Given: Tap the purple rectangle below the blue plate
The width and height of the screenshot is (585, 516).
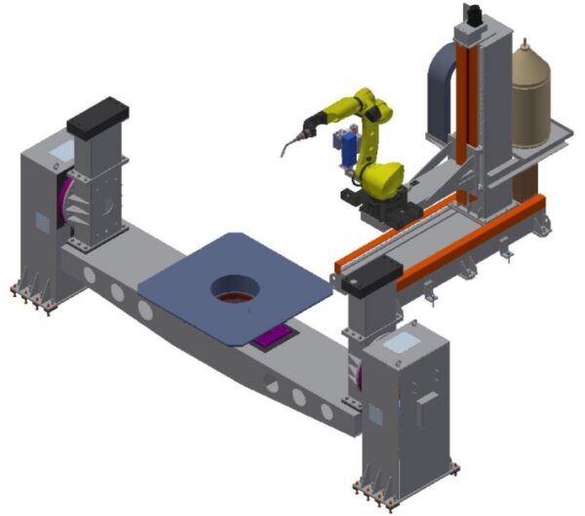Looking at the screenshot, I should pos(273,338).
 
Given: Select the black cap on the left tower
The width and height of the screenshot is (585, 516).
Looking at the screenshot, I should pos(98,115).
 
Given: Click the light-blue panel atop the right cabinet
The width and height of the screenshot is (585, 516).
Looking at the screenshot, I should pos(402,340).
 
